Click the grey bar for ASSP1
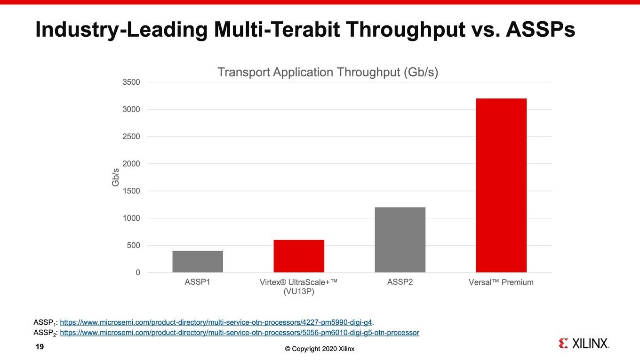[198, 262]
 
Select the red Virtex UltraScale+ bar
[299, 256]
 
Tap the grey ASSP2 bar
[400, 240]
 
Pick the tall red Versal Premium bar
[501, 185]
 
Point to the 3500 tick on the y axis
[131, 82]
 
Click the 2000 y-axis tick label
[131, 164]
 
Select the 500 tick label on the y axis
[134, 246]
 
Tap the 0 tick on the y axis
[138, 272]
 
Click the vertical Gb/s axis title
[115, 177]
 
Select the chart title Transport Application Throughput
[328, 72]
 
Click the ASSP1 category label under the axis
[198, 282]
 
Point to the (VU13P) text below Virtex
[299, 291]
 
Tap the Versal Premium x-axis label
[501, 282]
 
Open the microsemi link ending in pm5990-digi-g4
[216, 322]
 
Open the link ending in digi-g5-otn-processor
[240, 333]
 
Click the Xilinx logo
[584, 344]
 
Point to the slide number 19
[40, 347]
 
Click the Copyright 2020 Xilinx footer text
[320, 349]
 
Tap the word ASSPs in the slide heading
[540, 30]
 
